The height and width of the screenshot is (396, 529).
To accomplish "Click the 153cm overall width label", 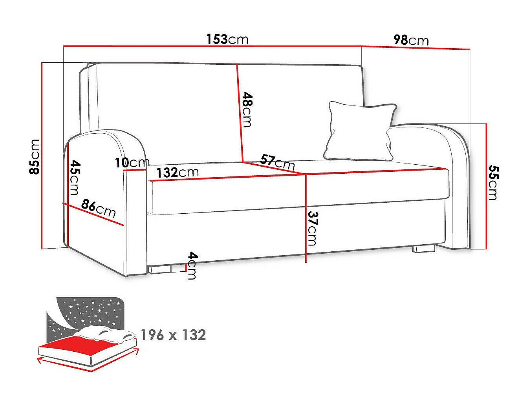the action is coord(227,39).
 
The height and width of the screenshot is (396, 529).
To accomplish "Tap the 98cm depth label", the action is coord(411,40).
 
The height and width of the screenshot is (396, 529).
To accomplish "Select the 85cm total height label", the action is coord(34,156).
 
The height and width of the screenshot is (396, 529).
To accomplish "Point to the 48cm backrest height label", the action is coord(247,109).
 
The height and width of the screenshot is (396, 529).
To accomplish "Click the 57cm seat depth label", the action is coord(277,162).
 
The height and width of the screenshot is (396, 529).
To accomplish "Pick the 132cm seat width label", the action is coord(178,172).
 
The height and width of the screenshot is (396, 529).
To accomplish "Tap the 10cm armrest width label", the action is coord(132,163).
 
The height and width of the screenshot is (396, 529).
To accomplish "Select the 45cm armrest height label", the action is coord(75,178).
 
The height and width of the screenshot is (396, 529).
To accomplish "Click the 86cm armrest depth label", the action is coord(98,209).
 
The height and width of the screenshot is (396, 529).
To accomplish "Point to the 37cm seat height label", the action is coord(313,228).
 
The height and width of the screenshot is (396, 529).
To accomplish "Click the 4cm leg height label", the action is coord(192,265).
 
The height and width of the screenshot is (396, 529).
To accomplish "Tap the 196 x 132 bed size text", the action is coord(173,335).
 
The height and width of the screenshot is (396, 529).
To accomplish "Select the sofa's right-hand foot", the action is coord(424,249).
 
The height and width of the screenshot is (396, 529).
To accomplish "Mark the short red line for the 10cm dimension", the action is coord(135,170).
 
